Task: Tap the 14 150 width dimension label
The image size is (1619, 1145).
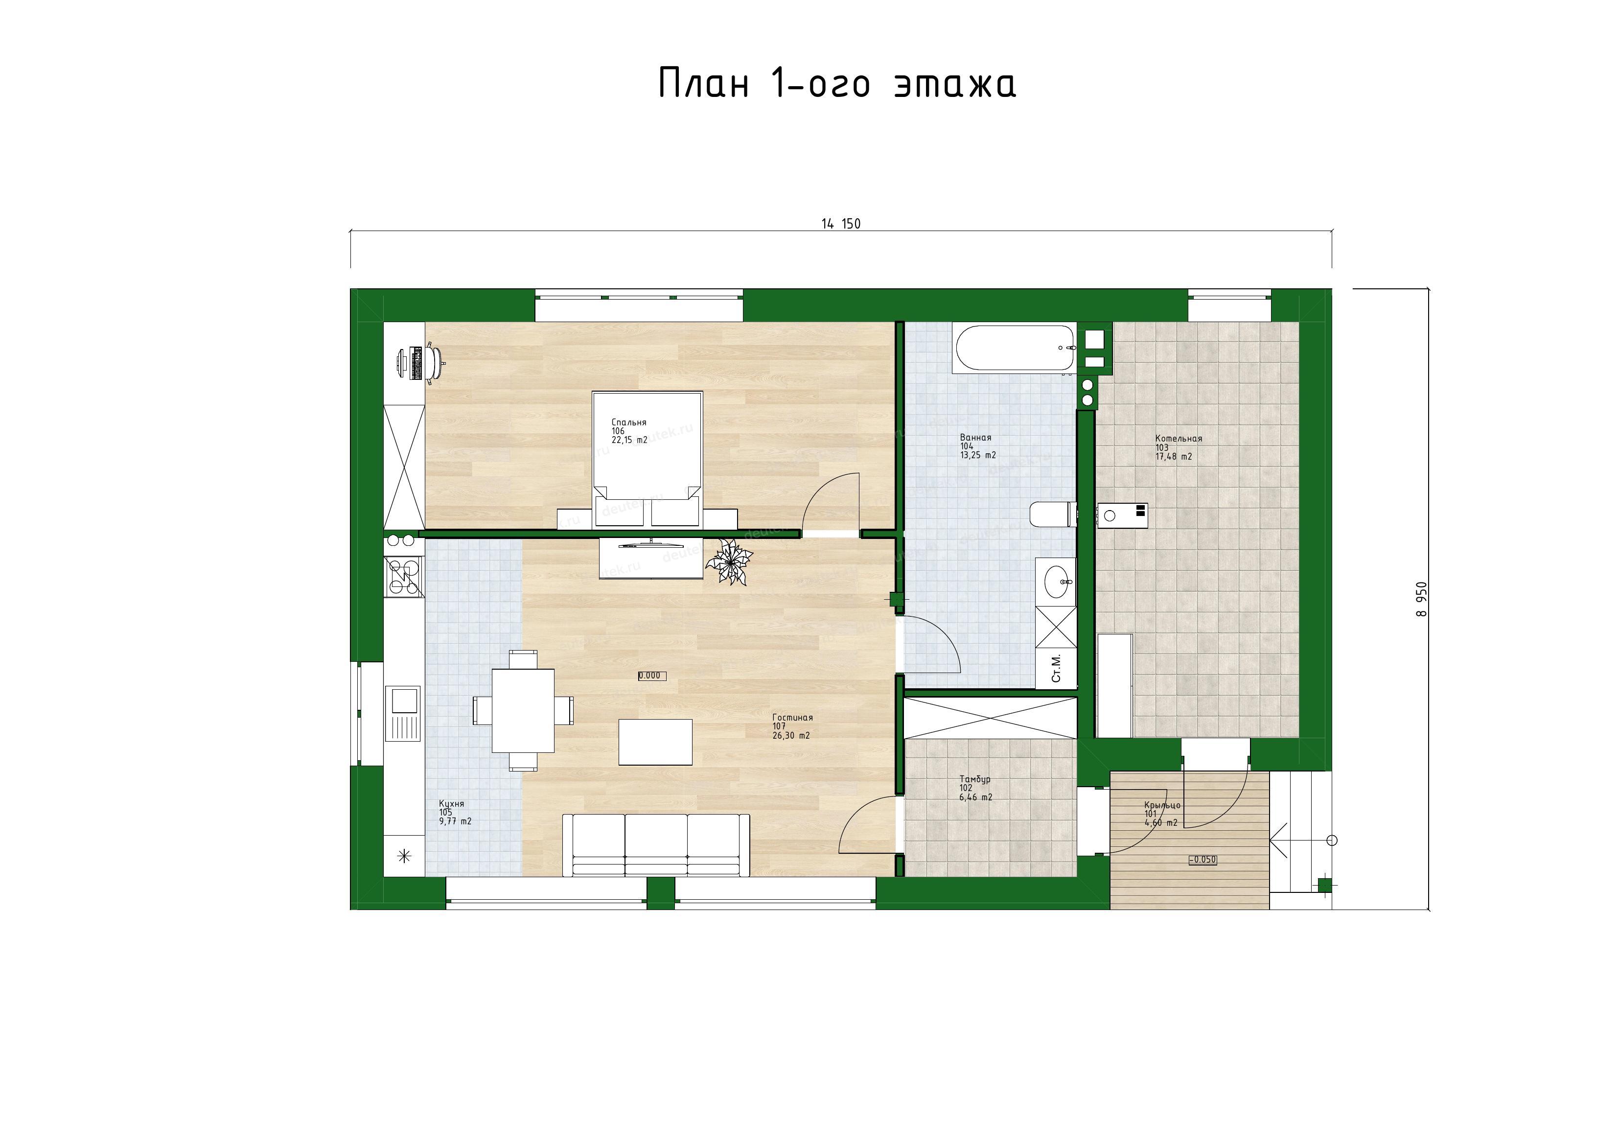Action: click(x=840, y=224)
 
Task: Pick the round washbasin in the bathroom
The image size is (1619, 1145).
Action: click(x=1056, y=581)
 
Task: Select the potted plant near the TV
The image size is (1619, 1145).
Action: click(x=728, y=561)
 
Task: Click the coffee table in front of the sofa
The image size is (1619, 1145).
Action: click(x=655, y=742)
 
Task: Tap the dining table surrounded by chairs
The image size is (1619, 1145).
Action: click(x=523, y=710)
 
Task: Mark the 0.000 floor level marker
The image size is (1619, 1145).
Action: click(x=651, y=675)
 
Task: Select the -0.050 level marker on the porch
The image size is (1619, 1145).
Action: click(x=1203, y=859)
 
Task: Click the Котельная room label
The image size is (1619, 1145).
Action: click(x=1179, y=439)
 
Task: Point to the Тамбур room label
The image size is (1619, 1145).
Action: click(x=974, y=779)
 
